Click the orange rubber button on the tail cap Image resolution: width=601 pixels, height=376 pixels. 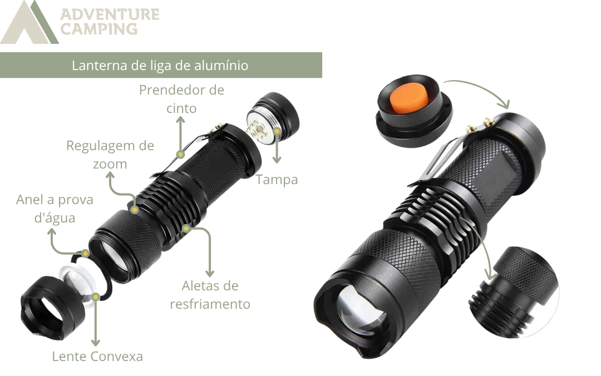pos(410,97)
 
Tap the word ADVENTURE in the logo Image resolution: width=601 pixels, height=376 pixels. pos(110,14)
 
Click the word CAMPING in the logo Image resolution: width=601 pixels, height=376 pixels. pos(99,29)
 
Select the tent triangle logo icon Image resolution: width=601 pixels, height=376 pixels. pos(29,22)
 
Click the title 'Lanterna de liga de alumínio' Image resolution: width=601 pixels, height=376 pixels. pos(160,65)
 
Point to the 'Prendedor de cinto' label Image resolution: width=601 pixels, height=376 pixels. pos(181,99)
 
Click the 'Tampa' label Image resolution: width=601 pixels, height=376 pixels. pos(277,179)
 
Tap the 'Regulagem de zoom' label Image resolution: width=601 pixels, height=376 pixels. pos(110,155)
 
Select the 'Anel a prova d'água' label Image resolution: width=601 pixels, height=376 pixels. pos(55,209)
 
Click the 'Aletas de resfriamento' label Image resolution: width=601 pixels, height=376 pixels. pos(210,295)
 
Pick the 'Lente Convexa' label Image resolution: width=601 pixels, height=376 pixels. pos(97,357)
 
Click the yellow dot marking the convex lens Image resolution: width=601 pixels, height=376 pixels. pos(96,296)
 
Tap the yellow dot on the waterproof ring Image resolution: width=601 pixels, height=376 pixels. pos(86,253)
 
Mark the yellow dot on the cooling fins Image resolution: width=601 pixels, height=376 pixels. pos(186,229)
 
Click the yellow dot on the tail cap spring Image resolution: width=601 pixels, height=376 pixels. pos(277,131)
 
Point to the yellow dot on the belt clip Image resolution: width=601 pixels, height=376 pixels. pos(180,155)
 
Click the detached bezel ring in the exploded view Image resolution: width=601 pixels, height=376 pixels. pos(48,309)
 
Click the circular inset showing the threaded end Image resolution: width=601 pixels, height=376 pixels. pos(514,292)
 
